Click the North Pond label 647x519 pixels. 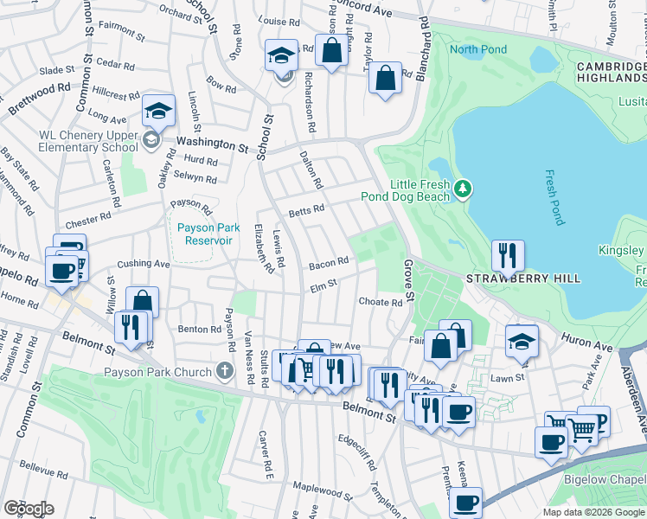point(478,49)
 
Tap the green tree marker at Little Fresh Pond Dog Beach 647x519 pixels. point(464,188)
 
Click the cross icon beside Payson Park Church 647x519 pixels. point(225,373)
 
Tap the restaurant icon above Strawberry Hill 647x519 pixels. point(508,255)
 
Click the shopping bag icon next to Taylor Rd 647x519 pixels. point(385,78)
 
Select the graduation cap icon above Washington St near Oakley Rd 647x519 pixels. point(159,110)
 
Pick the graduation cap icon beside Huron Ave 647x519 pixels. point(522,341)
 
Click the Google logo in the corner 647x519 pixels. point(29,509)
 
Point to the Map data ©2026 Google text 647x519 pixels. point(593,512)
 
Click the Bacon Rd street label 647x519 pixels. point(329,260)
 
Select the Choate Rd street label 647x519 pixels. point(381,303)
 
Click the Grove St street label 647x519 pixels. point(408,281)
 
